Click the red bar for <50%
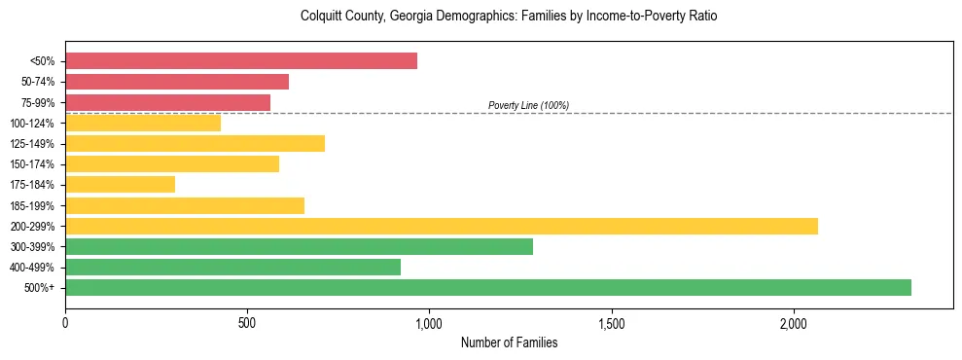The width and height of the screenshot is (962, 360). tap(241, 61)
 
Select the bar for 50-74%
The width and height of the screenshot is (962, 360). tap(177, 82)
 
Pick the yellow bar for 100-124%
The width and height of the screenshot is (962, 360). tap(143, 123)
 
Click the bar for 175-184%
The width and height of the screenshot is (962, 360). tap(120, 185)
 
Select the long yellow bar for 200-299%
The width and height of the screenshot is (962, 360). tap(442, 226)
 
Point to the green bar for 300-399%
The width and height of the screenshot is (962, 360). tap(299, 246)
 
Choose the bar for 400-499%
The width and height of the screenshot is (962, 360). tap(232, 267)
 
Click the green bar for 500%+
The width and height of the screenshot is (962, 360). tap(488, 287)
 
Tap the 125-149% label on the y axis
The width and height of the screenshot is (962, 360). tap(31, 144)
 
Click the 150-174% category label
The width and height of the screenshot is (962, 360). tap(31, 164)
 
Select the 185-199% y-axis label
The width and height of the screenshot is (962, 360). tap(31, 205)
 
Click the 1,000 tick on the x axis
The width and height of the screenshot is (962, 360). tap(429, 322)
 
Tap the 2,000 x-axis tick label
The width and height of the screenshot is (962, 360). tap(794, 322)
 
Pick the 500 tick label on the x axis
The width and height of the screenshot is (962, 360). tap(247, 322)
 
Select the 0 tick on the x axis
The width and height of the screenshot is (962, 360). tap(65, 322)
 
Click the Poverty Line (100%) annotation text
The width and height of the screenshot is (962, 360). tap(528, 105)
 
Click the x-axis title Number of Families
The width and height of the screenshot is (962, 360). tap(509, 342)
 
